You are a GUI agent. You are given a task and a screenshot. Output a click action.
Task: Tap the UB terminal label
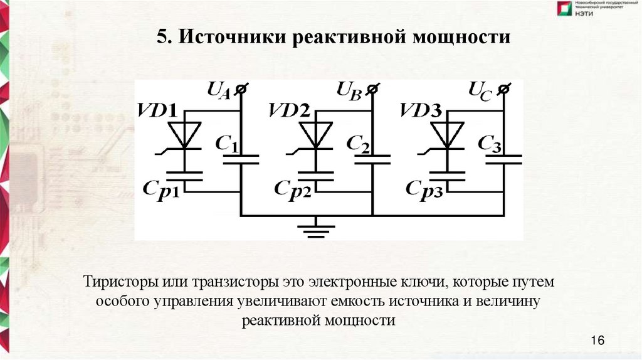click(x=349, y=92)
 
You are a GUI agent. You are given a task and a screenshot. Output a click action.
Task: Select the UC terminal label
click(x=481, y=92)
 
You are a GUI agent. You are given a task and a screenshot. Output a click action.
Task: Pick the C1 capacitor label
click(x=227, y=143)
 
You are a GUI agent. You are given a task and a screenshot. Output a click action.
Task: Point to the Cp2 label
click(x=292, y=188)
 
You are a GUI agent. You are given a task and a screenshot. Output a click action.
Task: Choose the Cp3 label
click(x=424, y=188)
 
